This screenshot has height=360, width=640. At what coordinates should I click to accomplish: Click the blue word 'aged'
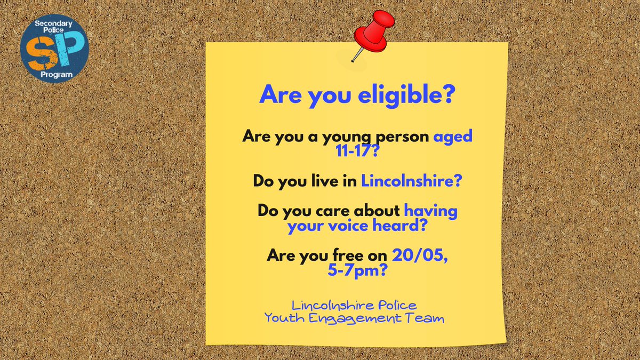pos(453,136)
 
